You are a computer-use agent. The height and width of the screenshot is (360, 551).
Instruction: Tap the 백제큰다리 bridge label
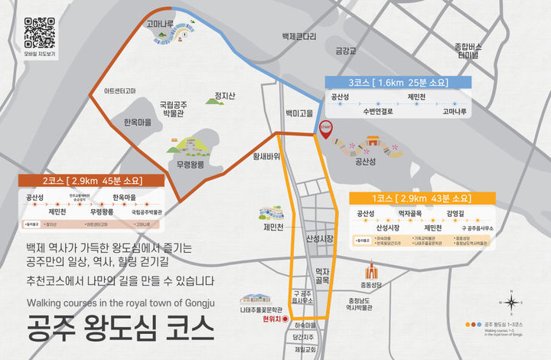(x=298, y=36)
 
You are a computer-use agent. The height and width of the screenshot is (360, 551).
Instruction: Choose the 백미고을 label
(x=300, y=113)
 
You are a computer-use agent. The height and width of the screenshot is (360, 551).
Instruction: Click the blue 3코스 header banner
(x=397, y=83)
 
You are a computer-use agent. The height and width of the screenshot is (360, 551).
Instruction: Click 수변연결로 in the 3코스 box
(x=377, y=111)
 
